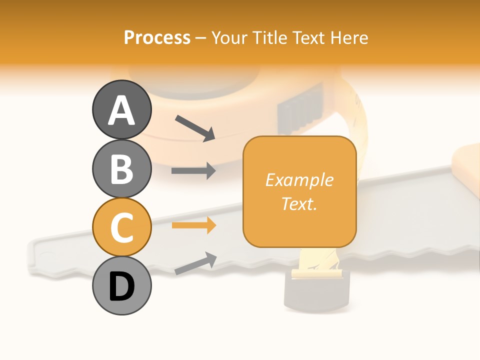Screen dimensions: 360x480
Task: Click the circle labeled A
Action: [121, 110]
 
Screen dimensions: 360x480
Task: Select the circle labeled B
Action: [121, 169]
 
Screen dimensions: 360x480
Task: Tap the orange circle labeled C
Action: [121, 227]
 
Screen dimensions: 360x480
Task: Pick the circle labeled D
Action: [121, 285]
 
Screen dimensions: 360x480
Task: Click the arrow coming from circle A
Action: [195, 128]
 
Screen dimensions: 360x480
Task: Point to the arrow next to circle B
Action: [193, 170]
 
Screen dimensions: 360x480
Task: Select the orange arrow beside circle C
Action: [193, 225]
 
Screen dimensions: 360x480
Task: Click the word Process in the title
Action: [157, 37]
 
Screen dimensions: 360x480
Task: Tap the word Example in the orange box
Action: [299, 180]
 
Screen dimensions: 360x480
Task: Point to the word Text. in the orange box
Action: [299, 203]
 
